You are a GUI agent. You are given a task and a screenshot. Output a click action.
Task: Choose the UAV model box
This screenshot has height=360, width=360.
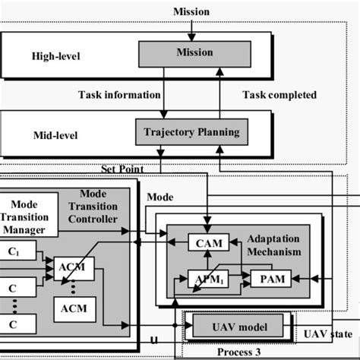pyautogui.click(x=241, y=327)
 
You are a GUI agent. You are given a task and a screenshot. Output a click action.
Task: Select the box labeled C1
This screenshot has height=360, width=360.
pyautogui.click(x=17, y=253)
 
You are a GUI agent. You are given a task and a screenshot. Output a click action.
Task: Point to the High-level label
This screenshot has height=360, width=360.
pyautogui.click(x=55, y=56)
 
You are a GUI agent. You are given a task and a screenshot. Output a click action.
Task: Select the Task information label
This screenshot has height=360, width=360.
pyautogui.click(x=119, y=95)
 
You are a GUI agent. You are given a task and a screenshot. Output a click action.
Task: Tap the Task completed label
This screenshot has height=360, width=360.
pyautogui.click(x=279, y=95)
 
